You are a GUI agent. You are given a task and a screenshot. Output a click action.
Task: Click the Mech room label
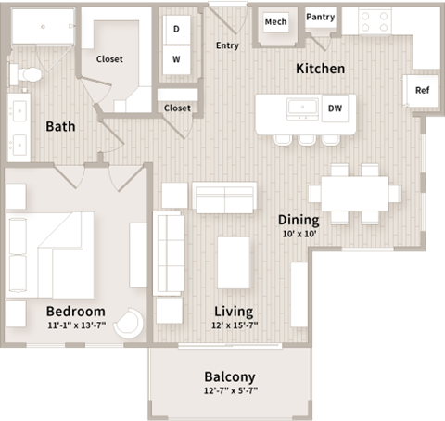pos(275,21)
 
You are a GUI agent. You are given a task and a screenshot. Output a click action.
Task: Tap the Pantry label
pos(320,17)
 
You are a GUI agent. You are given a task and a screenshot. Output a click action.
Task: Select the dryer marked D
pos(176,28)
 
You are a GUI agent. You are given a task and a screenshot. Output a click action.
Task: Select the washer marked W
pos(176,61)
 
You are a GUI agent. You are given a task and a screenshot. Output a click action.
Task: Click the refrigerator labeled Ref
pos(422,90)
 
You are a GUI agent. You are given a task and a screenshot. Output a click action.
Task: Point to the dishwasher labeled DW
pos(335,108)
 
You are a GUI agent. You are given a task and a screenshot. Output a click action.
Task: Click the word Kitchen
pos(320,69)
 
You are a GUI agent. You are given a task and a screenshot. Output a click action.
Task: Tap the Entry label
pos(227,45)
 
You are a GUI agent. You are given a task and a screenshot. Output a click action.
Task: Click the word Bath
pos(60,126)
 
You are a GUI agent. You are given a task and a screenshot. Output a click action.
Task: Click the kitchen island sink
pos(302,108)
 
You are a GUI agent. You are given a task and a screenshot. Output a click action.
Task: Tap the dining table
pos(355,193)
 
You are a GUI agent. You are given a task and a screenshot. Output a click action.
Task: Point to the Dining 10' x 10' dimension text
pos(299,235)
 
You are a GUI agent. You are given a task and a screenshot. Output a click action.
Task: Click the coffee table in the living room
pos(233,262)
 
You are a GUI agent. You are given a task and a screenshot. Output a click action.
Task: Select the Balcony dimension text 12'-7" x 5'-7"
pos(229,391)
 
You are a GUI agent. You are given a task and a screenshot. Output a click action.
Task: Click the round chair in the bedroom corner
pos(130,322)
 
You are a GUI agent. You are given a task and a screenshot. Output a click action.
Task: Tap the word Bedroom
pos(76,311)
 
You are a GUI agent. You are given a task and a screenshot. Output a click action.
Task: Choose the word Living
pos(235,311)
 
